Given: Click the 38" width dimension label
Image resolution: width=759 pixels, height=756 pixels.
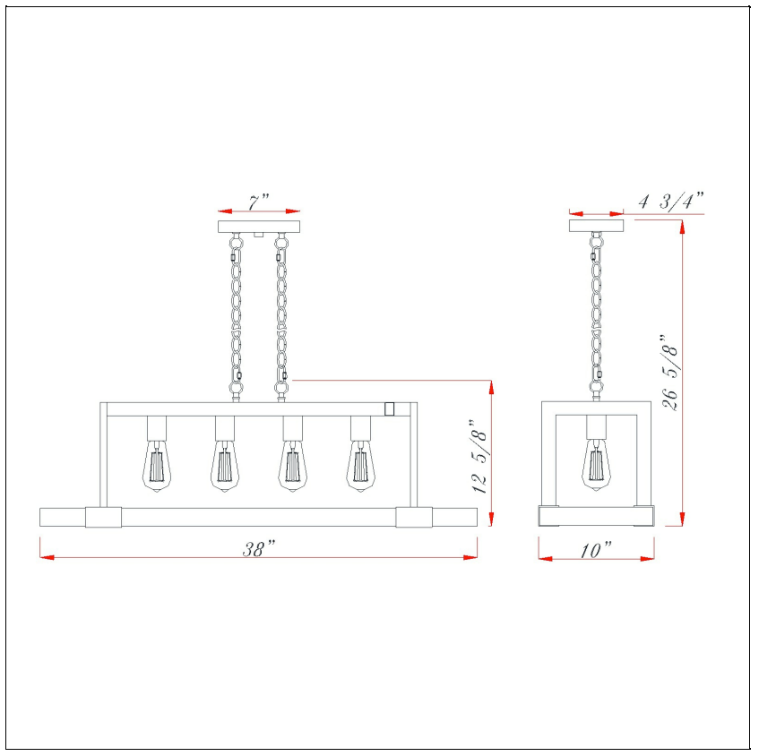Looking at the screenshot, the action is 259,549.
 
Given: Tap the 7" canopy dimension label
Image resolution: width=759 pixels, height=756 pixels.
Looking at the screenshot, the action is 258,202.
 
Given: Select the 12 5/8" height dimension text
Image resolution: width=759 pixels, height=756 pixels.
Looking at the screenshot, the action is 479,456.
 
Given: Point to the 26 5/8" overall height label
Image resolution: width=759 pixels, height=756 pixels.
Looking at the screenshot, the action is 671,373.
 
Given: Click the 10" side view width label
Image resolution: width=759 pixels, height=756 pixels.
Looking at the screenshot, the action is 596,550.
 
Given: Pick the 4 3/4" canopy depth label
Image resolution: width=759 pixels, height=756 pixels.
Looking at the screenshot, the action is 671,201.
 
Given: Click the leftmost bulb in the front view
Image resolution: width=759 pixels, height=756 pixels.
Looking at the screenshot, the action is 156,466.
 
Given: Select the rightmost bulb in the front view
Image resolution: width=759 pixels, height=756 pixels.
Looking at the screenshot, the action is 360,466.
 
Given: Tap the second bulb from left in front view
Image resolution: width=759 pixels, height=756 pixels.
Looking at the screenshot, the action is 225,466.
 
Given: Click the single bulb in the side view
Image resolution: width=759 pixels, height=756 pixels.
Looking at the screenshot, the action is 596,465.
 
